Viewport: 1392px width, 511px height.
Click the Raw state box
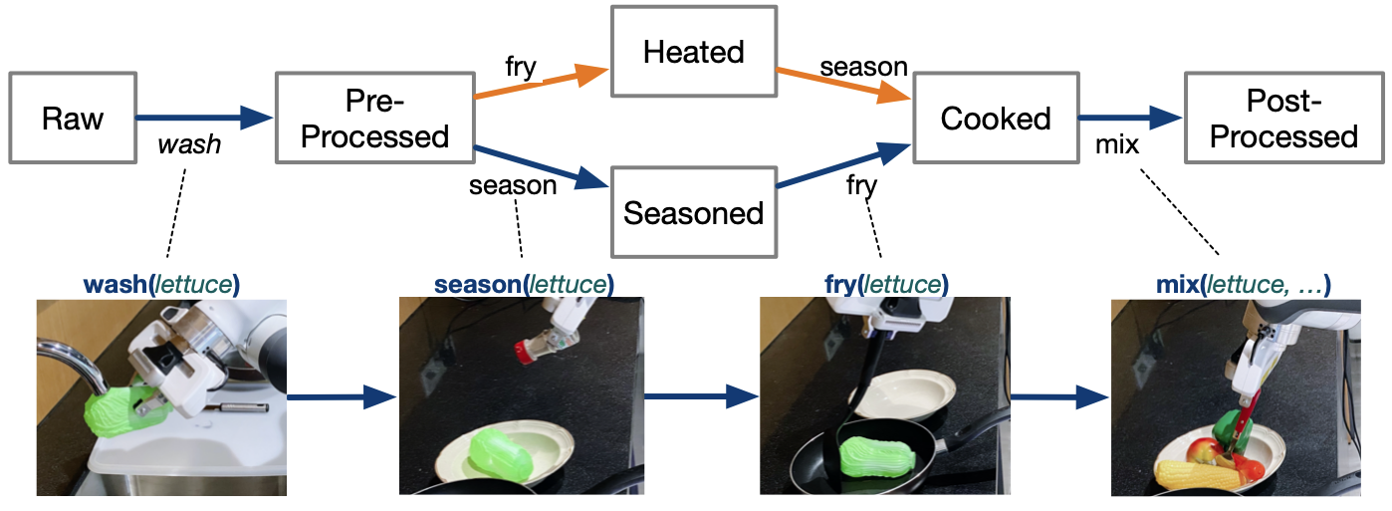click(x=73, y=119)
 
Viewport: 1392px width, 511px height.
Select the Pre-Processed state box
click(x=373, y=119)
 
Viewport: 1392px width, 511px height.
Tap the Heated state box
click(x=694, y=53)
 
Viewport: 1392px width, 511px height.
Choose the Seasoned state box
click(x=694, y=212)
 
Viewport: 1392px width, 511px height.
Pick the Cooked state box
click(x=996, y=119)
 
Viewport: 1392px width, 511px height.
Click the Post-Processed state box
click(x=1283, y=119)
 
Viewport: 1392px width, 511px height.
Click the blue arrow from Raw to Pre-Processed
click(x=204, y=119)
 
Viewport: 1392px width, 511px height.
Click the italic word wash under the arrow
click(x=189, y=145)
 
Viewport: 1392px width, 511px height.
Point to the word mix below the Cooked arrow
click(x=1117, y=145)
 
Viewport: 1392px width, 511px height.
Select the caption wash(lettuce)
click(x=161, y=285)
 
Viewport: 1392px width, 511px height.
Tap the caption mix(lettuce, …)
click(x=1235, y=285)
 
